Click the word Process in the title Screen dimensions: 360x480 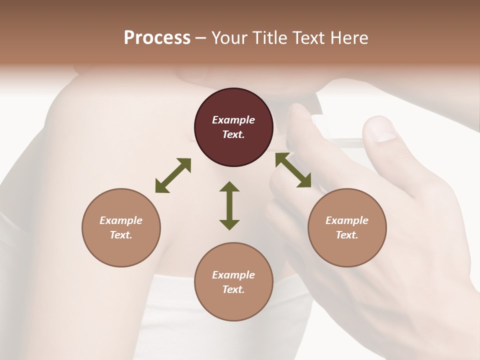pyautogui.click(x=157, y=38)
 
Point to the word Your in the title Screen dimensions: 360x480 pyautogui.click(x=230, y=38)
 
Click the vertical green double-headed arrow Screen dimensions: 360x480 pyautogui.click(x=229, y=205)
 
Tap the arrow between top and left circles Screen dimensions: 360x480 pyautogui.click(x=173, y=175)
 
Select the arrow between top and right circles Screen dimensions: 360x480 pyautogui.click(x=293, y=170)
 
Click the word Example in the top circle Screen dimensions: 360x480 pyautogui.click(x=233, y=120)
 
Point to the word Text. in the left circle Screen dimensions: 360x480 pyautogui.click(x=121, y=235)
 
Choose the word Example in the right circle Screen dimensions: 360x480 pyautogui.click(x=347, y=220)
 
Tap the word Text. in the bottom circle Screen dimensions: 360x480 pyautogui.click(x=233, y=289)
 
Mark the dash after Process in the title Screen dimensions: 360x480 pyautogui.click(x=201, y=38)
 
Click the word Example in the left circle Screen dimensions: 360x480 pyautogui.click(x=121, y=220)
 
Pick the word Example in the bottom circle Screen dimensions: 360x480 pyautogui.click(x=233, y=275)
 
